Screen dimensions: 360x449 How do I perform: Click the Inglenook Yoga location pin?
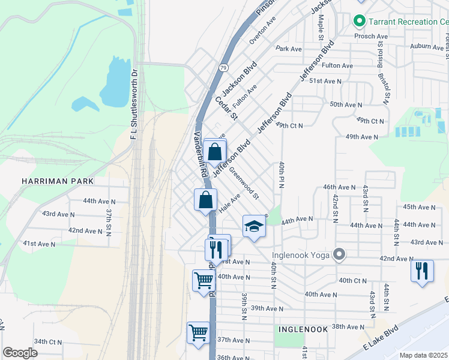(339, 255)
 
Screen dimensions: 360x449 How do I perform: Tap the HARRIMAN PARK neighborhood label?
(58, 181)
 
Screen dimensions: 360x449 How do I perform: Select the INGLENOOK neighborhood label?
(302, 329)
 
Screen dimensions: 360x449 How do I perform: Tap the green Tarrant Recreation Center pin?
(360, 22)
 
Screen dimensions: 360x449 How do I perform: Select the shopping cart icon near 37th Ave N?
(199, 332)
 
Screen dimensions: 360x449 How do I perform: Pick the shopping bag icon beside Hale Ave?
(205, 200)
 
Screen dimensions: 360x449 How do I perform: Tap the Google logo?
(20, 352)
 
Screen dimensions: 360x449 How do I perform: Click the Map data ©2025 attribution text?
(423, 355)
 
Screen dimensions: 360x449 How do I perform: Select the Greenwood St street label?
(244, 183)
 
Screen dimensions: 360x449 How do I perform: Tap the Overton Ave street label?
(262, 30)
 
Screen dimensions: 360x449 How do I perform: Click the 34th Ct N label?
(47, 341)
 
